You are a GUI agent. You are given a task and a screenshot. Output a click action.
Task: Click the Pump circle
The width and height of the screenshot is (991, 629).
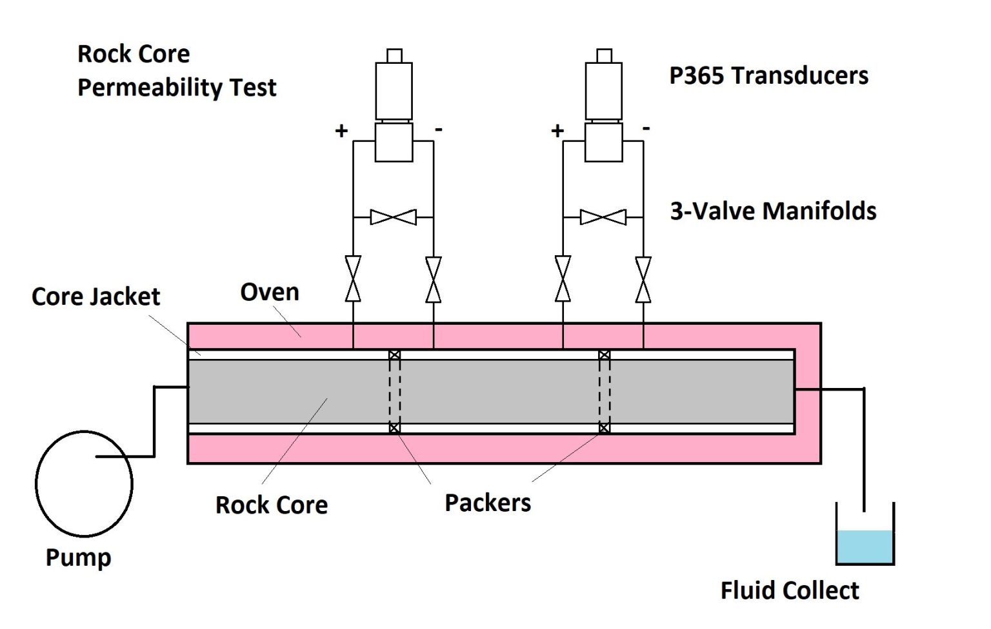pyautogui.click(x=84, y=483)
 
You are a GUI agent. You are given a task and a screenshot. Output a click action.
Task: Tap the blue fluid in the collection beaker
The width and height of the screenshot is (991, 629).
pyautogui.click(x=865, y=547)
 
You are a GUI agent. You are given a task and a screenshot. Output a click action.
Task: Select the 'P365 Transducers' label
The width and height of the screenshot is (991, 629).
pyautogui.click(x=768, y=75)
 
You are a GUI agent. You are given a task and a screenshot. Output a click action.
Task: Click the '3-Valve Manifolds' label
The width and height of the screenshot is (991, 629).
pyautogui.click(x=773, y=211)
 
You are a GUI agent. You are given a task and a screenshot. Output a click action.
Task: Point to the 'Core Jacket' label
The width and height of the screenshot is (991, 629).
pyautogui.click(x=95, y=296)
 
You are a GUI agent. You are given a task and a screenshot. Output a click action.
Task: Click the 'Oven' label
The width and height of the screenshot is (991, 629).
pyautogui.click(x=270, y=292)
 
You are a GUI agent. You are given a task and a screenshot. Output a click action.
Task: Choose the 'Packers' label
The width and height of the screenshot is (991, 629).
pyautogui.click(x=488, y=503)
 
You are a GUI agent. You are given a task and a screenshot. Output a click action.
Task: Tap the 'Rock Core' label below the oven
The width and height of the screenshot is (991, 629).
pyautogui.click(x=271, y=505)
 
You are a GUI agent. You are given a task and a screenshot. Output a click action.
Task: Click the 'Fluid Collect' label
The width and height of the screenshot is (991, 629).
pyautogui.click(x=790, y=590)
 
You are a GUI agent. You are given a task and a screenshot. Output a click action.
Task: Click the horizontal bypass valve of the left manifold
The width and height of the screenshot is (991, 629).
pyautogui.click(x=394, y=217)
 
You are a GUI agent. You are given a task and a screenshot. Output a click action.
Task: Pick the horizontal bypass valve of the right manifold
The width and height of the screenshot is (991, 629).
pyautogui.click(x=603, y=217)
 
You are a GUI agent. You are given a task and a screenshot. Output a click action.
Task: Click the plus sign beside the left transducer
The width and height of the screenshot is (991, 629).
pyautogui.click(x=341, y=131)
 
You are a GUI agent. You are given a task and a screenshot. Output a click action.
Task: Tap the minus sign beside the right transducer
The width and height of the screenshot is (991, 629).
pyautogui.click(x=646, y=129)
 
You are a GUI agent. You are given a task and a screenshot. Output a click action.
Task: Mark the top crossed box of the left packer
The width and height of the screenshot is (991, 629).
pyautogui.click(x=394, y=354)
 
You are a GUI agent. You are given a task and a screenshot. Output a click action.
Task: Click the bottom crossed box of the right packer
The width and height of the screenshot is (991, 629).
pyautogui.click(x=604, y=428)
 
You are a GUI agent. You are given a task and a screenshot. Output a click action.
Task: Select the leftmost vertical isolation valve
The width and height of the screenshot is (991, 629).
pyautogui.click(x=353, y=279)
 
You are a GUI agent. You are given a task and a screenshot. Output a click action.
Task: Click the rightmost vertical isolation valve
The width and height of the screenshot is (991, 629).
pyautogui.click(x=643, y=279)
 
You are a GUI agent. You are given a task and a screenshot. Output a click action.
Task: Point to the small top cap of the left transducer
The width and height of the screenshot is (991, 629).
pyautogui.click(x=394, y=55)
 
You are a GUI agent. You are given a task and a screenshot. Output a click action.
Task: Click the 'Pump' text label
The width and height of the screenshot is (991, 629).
pyautogui.click(x=78, y=557)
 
